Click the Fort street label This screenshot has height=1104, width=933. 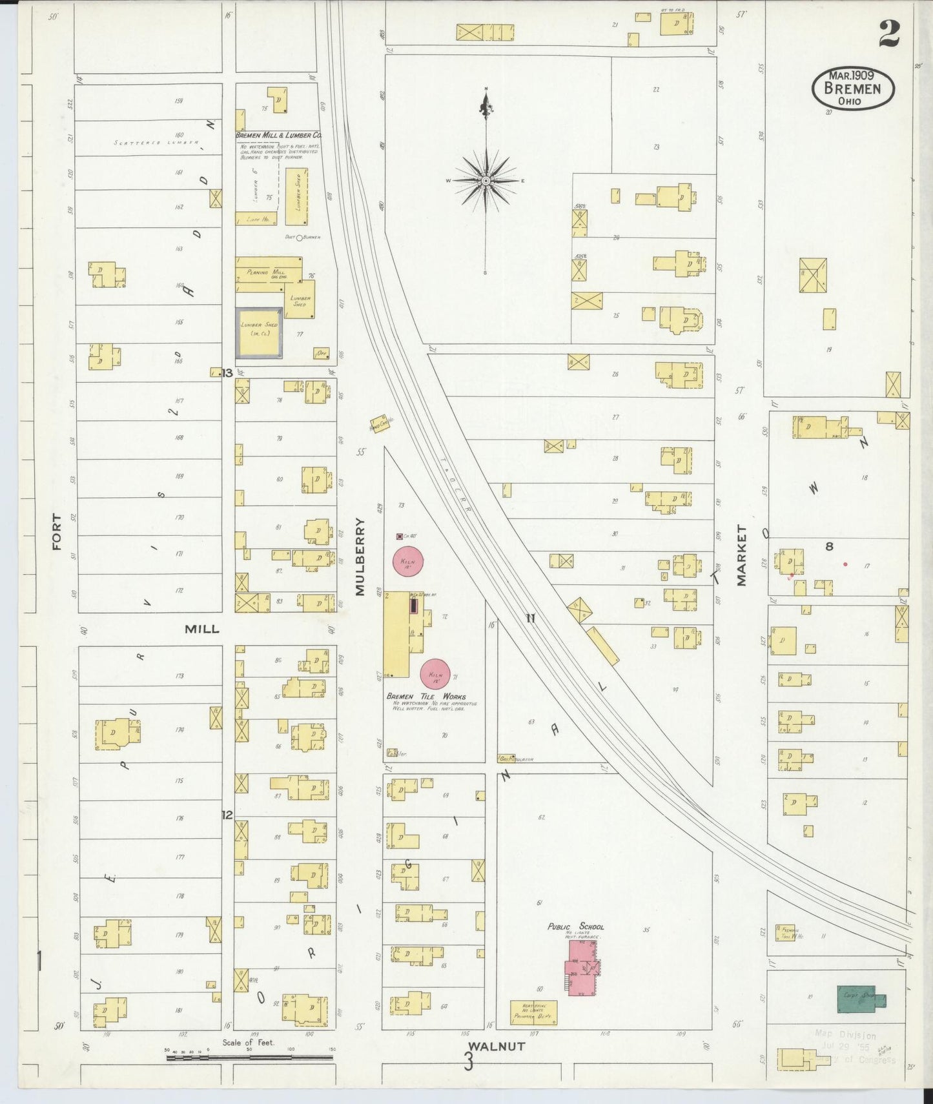[57, 531]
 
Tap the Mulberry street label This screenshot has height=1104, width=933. [360, 557]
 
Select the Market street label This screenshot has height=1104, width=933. [741, 555]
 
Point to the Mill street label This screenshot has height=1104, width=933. [201, 629]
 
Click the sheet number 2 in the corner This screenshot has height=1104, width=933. [889, 34]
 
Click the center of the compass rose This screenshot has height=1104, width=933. [486, 181]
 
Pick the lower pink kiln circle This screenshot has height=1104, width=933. [436, 674]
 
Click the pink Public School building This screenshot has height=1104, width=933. [582, 967]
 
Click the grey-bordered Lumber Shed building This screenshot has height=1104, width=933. [260, 332]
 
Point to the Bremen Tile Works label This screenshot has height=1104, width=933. [426, 697]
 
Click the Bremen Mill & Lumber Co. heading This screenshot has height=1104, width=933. [278, 136]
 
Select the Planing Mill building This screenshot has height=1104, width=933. [268, 271]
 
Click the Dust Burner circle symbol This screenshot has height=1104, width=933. [300, 237]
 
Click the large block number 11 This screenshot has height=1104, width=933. [530, 618]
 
